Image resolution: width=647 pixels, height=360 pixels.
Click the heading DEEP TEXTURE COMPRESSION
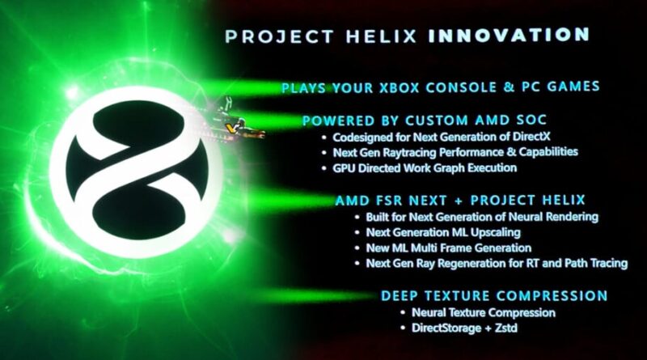[x=493, y=295]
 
